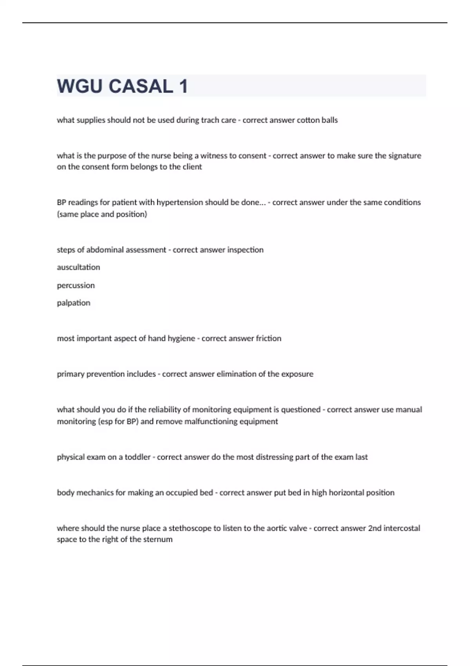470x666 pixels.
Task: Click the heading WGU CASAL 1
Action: (x=122, y=86)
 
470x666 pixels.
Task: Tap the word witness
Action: (x=214, y=156)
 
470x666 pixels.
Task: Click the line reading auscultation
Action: (x=78, y=267)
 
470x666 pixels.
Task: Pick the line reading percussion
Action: (x=76, y=285)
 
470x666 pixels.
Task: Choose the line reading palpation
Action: (x=73, y=303)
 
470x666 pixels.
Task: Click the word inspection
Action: (x=245, y=250)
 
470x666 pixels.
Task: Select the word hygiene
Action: (x=181, y=338)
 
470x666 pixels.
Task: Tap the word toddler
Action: (x=137, y=457)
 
